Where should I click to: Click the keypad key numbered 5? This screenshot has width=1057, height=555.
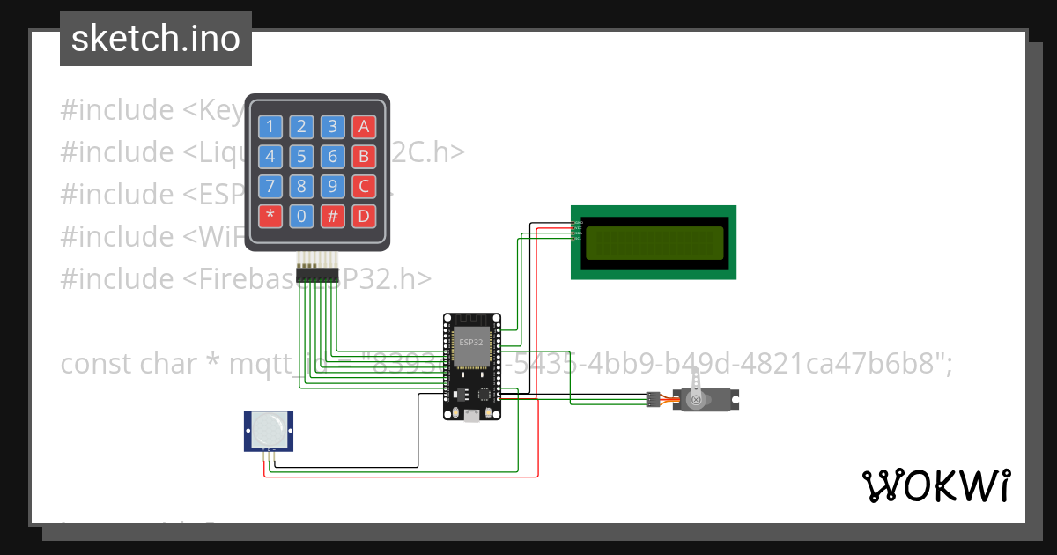[x=301, y=157]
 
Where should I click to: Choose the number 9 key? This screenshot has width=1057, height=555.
[x=332, y=187]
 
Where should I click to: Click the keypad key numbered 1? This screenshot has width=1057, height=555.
[x=270, y=127]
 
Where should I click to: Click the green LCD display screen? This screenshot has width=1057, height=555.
[x=654, y=242]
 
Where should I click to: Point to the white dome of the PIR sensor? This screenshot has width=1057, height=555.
[x=268, y=430]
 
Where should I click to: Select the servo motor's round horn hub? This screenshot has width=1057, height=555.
[x=696, y=400]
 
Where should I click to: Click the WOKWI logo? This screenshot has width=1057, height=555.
[x=935, y=485]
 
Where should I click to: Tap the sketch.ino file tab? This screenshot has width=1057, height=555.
[x=156, y=39]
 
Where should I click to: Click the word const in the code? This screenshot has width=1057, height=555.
[x=96, y=363]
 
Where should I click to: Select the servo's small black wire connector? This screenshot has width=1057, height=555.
[x=653, y=399]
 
